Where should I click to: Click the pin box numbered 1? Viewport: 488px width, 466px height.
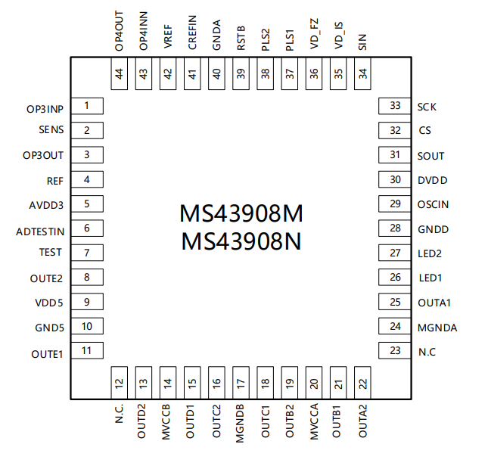coord(87,106)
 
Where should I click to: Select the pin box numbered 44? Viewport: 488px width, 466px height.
coord(120,73)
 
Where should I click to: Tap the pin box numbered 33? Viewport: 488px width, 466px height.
coord(395,106)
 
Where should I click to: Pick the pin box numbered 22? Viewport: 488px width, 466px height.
coord(362,383)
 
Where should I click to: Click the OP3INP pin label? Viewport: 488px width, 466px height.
coord(45,109)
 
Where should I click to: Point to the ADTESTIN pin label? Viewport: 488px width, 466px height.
coord(40,231)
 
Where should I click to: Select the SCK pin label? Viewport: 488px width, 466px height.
coord(427,107)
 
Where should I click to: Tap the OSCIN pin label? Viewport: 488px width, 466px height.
coord(433,204)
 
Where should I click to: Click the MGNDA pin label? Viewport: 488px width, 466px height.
coord(437,328)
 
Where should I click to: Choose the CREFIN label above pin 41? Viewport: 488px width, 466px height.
coord(192,33)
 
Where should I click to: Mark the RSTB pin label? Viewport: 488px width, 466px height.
coord(241,38)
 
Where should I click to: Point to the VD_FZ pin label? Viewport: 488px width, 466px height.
coord(314,33)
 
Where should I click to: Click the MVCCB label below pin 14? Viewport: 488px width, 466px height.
coord(166,422)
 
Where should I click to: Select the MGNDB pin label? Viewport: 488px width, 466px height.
coord(240,424)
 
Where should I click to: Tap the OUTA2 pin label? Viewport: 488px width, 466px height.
coord(363,421)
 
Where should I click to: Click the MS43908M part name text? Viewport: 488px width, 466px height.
coord(241,213)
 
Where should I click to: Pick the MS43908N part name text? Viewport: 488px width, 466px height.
coord(241,241)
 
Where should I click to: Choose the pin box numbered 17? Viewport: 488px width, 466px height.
coord(241,383)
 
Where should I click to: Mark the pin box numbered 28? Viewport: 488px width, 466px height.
coord(395,228)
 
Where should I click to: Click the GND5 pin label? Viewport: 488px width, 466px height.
coord(49,328)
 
